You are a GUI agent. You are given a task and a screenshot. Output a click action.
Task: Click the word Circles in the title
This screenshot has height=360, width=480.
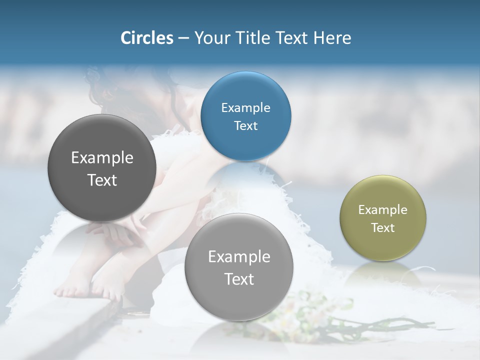point(146,38)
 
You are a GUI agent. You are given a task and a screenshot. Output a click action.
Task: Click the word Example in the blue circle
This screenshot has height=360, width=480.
point(245,108)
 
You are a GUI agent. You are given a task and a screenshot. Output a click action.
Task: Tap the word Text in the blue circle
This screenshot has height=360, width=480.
point(245,126)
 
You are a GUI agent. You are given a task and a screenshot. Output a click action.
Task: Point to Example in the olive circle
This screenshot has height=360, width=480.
point(383,210)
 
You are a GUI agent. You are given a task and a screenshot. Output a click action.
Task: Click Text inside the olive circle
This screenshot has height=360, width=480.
point(383,228)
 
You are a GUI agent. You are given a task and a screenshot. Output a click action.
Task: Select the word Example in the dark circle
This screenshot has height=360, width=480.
point(102,158)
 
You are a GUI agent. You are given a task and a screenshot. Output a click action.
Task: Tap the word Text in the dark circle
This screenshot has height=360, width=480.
point(102,180)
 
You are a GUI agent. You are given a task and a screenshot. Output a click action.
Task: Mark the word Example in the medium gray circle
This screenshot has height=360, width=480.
point(239,257)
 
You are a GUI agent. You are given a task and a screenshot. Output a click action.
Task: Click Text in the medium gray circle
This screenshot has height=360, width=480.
point(239,279)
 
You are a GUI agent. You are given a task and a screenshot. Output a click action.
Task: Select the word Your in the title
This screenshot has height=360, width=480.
point(210,38)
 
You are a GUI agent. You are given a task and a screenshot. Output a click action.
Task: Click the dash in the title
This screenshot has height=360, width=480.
point(183,38)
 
